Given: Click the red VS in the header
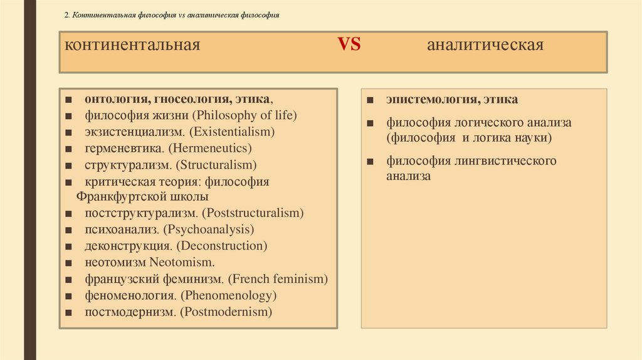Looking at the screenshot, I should (x=349, y=45).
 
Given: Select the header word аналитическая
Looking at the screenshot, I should (x=485, y=46).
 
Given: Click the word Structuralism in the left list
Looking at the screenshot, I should (x=217, y=165).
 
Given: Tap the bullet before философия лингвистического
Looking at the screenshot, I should (x=371, y=162).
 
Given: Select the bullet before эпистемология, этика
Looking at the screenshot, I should (x=371, y=100).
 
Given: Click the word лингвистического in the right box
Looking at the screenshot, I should (x=501, y=161).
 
